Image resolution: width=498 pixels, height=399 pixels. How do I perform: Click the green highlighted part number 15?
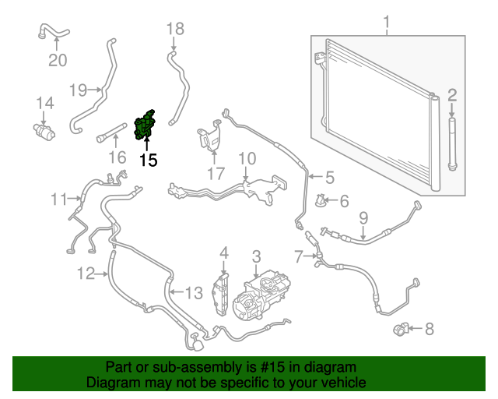coord(144,125)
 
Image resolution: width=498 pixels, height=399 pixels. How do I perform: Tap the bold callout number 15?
coord(149,160)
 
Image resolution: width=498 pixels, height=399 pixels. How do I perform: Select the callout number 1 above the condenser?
coord(387,23)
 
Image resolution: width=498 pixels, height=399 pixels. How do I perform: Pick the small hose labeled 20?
coord(54,32)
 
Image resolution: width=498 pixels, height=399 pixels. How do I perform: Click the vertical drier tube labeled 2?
coord(452,144)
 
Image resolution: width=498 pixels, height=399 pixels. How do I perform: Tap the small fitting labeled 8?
coord(400,329)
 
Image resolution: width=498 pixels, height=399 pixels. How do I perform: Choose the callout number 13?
coord(194,293)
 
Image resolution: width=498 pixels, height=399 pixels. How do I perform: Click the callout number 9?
coord(363,218)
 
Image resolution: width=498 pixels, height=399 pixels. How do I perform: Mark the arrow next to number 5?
coord(315,177)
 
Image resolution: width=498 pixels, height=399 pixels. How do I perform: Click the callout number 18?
coord(175,29)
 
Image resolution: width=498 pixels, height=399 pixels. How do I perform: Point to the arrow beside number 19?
coord(95,90)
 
